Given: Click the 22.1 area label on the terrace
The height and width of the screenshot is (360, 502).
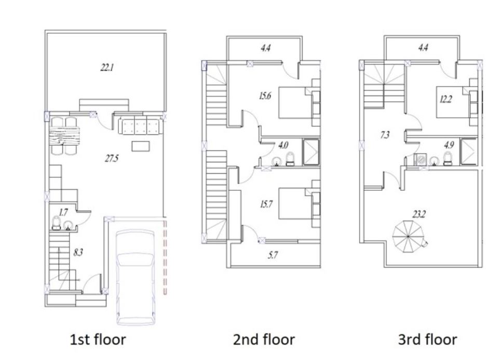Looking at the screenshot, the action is coord(107,67).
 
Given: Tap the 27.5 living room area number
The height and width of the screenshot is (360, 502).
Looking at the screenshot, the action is coord(112,158).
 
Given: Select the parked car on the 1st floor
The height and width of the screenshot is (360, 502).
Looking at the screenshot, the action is coord(135,277).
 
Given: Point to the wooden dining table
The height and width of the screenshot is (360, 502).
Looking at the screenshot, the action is coord(64,136).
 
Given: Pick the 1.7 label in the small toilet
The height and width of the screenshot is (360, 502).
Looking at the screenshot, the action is coord(63,212).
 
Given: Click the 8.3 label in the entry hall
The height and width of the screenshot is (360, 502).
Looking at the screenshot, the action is coord(78,253).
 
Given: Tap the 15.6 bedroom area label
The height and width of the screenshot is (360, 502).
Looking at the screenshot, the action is coord(265,95).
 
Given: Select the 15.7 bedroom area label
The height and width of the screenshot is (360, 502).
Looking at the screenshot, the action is coord(266,204).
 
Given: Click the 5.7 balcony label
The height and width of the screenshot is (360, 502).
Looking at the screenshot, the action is coord(273,255).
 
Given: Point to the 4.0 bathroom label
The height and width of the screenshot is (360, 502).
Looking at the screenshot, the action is coord(283,145).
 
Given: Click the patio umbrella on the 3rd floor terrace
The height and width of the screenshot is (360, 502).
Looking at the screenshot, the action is coord(408,236).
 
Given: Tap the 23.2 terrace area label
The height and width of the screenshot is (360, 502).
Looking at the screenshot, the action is coord(419,214).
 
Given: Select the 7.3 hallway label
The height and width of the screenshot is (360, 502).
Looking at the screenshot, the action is coord(385,135).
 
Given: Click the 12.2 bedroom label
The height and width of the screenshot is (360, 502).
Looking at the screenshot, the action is coord(445,99).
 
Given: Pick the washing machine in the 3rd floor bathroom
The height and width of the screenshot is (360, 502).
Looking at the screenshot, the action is coord(420,159).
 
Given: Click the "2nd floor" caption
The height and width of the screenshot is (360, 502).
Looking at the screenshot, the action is coord(264,340).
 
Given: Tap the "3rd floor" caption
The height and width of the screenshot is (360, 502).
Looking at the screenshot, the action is coord(427,340).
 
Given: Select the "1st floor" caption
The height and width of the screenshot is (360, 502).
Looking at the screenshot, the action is coord(98,340).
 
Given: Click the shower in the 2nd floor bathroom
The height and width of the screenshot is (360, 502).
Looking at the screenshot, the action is coord(311,152).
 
